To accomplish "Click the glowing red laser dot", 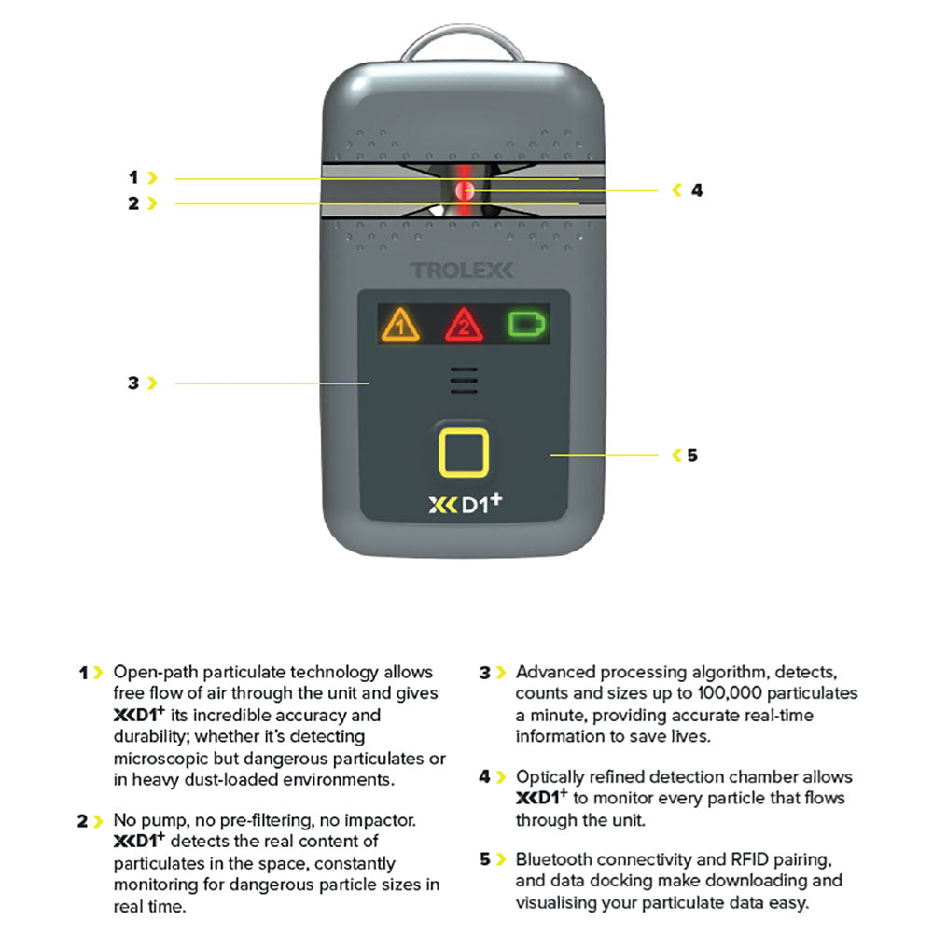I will [x=465, y=190].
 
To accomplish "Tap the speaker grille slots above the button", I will [x=465, y=381].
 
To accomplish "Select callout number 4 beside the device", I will [x=696, y=190].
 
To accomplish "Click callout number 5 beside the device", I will [x=691, y=455].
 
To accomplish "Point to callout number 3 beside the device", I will [x=133, y=383].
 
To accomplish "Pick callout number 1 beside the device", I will [x=133, y=176].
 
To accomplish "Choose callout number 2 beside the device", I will [x=133, y=202].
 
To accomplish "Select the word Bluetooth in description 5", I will [x=554, y=858].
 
